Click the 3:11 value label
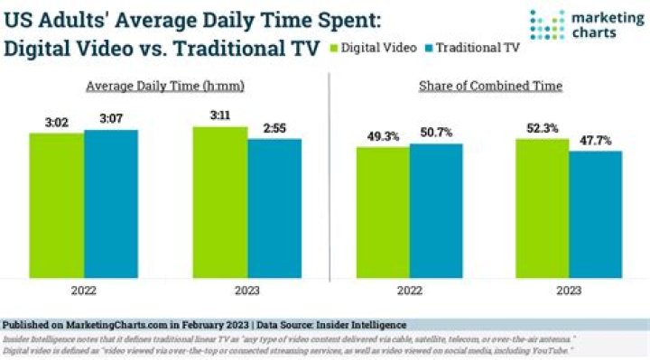(x=220, y=116)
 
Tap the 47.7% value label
(x=596, y=141)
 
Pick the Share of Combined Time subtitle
(x=490, y=86)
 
